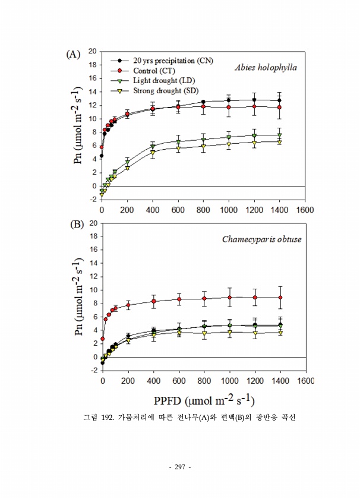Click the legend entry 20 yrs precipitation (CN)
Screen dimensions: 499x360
click(x=173, y=60)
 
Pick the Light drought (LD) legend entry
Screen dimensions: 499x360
click(x=164, y=80)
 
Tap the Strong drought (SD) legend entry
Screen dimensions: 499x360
click(x=166, y=90)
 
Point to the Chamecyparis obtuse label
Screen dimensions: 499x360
click(x=262, y=239)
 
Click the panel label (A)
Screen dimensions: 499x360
click(x=72, y=54)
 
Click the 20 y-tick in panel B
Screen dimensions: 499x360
click(x=93, y=223)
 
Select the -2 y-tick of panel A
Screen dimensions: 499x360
click(x=93, y=200)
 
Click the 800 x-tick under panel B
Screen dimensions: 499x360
click(x=204, y=380)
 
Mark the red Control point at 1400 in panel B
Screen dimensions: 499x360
click(x=280, y=297)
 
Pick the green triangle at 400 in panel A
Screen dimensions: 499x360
click(x=153, y=146)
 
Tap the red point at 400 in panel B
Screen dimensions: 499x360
click(x=153, y=301)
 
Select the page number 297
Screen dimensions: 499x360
click(x=180, y=467)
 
